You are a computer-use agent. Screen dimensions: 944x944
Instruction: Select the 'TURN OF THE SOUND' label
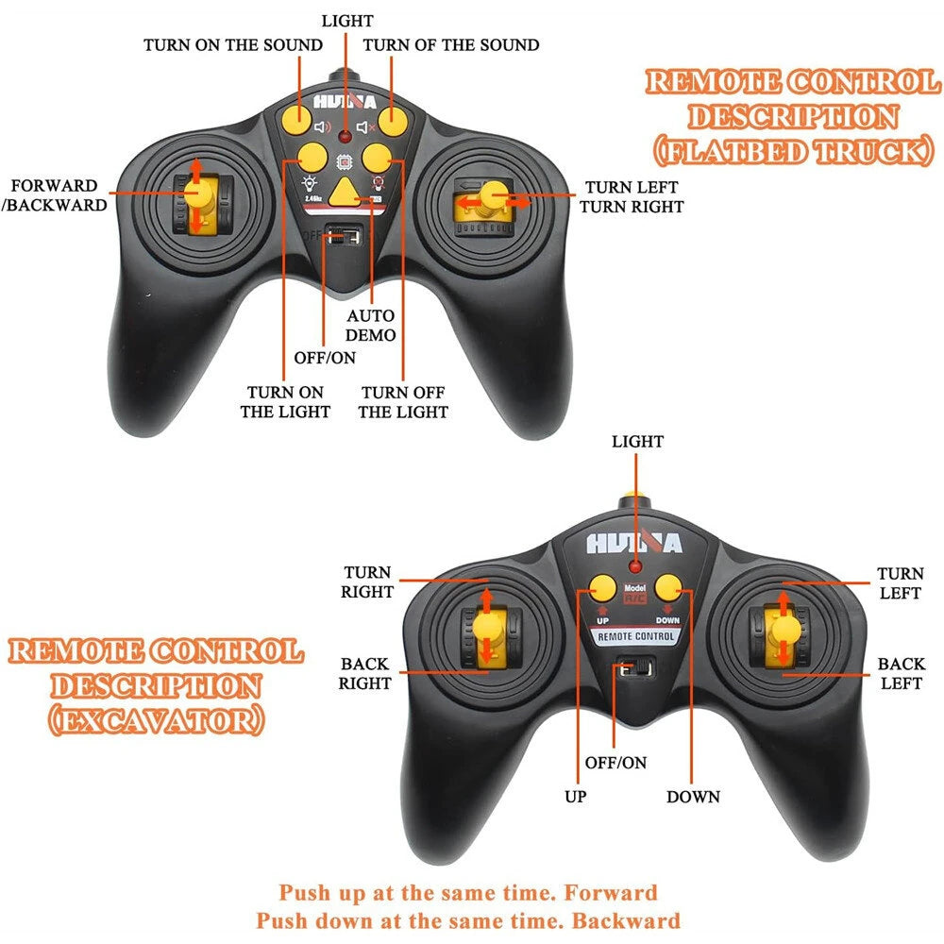pyautogui.click(x=451, y=44)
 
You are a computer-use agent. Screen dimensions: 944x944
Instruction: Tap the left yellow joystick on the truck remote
pyautogui.click(x=199, y=196)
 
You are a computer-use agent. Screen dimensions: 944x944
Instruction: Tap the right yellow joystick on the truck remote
pyautogui.click(x=488, y=198)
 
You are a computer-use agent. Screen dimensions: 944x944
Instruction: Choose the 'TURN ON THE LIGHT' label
pyautogui.click(x=285, y=401)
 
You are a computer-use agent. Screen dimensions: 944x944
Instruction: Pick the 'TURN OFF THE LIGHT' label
pyautogui.click(x=403, y=401)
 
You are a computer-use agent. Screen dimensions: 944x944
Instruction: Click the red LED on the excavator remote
pyautogui.click(x=635, y=567)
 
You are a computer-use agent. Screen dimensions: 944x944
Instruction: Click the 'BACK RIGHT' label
pyautogui.click(x=365, y=673)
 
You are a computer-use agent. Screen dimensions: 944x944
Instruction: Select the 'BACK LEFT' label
pyautogui.click(x=902, y=673)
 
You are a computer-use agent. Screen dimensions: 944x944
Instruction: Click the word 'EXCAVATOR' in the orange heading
pyautogui.click(x=157, y=719)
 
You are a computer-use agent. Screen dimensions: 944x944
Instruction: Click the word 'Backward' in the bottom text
pyautogui.click(x=631, y=920)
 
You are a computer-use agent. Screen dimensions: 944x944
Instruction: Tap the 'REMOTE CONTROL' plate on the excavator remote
pyautogui.click(x=635, y=636)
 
